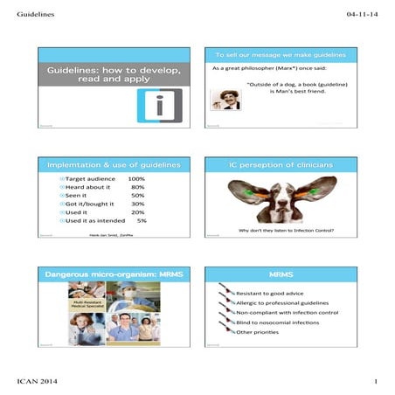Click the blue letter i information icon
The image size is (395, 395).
pos(157,106)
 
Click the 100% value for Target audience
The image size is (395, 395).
pos(136,179)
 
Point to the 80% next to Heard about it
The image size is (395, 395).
pos(137,190)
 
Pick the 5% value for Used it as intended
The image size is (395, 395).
pos(142,221)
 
